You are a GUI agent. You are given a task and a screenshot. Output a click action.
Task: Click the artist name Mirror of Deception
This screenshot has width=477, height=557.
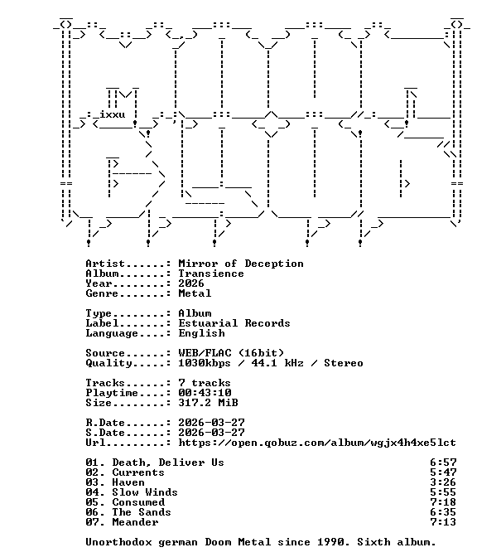tap(241, 264)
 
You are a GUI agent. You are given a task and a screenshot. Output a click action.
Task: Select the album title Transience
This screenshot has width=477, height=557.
tap(211, 274)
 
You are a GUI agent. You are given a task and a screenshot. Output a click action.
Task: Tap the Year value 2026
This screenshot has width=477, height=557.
tap(191, 283)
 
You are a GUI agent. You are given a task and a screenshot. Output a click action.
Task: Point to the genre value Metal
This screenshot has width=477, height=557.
tap(195, 293)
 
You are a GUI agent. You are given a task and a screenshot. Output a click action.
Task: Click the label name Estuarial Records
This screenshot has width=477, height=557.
tap(234, 323)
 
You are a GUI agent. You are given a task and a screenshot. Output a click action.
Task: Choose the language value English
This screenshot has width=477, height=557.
tap(201, 333)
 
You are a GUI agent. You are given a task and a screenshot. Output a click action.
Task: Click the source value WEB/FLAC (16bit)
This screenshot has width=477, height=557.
tap(231, 353)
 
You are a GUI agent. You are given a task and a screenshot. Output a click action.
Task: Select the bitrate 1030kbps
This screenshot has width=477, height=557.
tap(204, 363)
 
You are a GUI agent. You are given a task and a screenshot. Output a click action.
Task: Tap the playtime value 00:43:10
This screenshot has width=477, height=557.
tap(205, 393)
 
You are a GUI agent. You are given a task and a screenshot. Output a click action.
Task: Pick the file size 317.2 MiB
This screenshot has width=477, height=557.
tap(208, 403)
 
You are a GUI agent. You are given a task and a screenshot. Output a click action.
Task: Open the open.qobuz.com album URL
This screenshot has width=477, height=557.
tap(317, 443)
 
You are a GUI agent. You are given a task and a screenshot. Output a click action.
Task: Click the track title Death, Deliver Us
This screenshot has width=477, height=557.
tap(168, 463)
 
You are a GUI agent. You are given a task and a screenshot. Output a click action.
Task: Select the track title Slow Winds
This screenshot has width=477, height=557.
tap(144, 492)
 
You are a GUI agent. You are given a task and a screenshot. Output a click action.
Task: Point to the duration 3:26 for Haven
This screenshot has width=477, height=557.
tap(443, 482)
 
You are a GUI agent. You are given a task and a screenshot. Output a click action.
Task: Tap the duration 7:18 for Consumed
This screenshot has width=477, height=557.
tap(443, 502)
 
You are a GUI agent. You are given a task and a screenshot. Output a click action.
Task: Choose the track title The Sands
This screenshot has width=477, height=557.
tap(142, 512)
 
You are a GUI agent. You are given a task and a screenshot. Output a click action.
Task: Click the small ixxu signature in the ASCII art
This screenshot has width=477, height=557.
tap(112, 114)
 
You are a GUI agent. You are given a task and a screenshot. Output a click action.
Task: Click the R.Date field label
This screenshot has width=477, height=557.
tap(105, 423)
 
